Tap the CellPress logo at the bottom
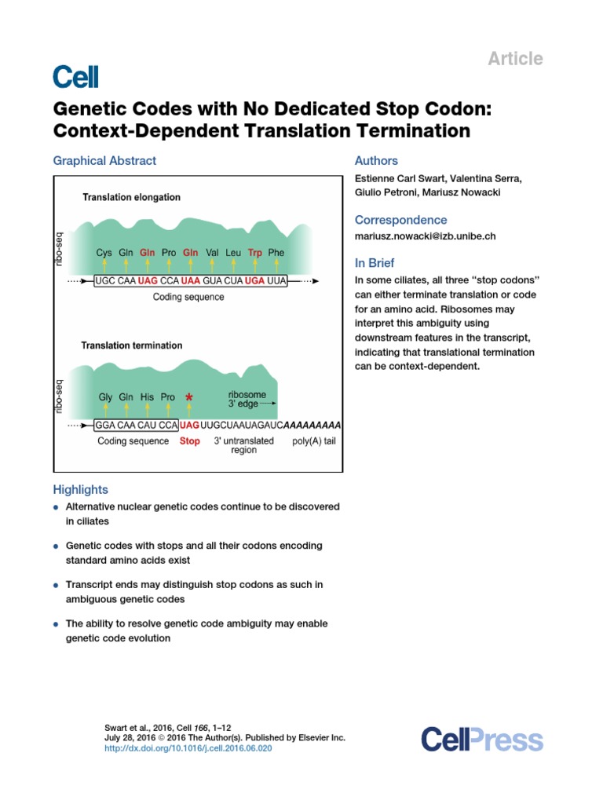point(481,740)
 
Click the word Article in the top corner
point(515,59)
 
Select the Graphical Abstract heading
point(104,161)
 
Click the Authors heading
point(376,161)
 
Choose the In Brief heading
point(375,263)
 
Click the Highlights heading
point(80,489)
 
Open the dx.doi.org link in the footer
point(188,749)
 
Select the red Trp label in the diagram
point(254,253)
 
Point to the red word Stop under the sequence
point(189,441)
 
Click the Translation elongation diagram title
point(131,198)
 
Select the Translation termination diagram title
point(132,345)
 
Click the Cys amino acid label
point(104,253)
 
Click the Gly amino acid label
point(105,397)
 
